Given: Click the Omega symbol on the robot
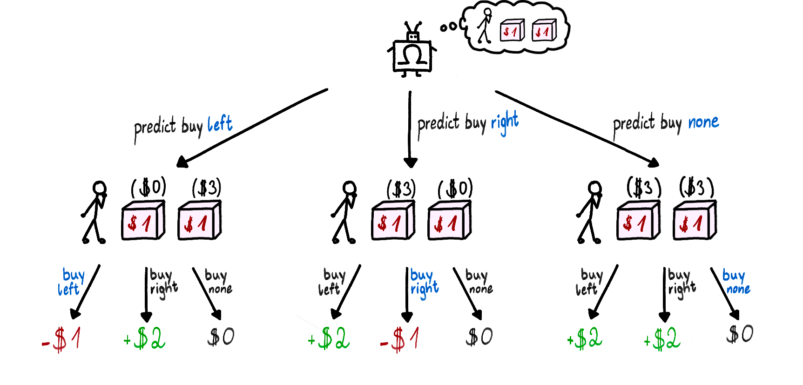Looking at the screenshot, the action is point(412,55).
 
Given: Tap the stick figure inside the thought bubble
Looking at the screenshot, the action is point(485,26).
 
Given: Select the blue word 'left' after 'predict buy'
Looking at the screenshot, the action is point(220,124).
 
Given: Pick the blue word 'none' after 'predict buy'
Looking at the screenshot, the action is point(703,122).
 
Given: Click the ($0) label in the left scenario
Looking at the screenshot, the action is point(148,188).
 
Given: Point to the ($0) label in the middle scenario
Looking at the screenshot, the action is point(455,189).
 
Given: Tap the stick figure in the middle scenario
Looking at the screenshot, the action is point(344,212).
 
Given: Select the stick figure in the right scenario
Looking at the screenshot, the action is point(590,212).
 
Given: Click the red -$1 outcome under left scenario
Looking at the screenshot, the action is point(61,339).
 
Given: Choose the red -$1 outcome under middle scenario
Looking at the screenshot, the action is point(399,339).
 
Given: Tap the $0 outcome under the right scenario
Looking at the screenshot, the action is point(740,334).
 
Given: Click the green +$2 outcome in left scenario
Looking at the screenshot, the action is point(144,338).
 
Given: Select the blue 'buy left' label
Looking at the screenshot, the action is point(71,282).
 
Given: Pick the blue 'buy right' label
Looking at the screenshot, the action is point(424,283).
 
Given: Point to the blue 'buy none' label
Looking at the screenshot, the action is point(736,282).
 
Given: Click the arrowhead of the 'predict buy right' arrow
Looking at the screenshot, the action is point(410,162).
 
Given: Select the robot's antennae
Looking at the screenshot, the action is point(413,27).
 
